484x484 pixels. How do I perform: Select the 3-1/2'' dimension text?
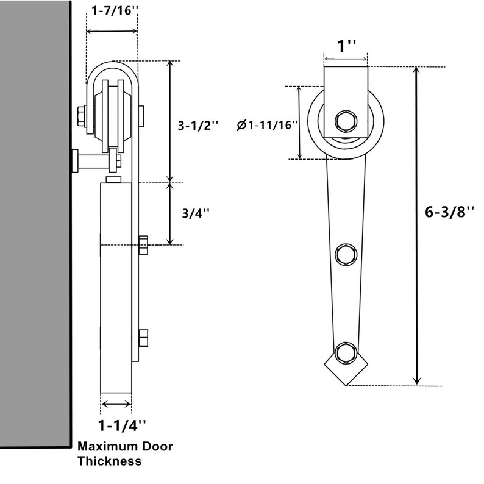point(198,126)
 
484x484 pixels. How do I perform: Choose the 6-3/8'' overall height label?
point(450,212)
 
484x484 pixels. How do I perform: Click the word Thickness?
point(109,461)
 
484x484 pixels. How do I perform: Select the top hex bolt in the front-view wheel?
point(346,119)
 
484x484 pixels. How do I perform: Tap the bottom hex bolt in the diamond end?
point(346,352)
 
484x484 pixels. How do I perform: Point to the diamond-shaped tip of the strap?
point(346,373)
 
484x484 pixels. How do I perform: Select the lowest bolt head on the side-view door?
point(144,338)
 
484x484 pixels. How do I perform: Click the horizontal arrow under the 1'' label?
point(346,59)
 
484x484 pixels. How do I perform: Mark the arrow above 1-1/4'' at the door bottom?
point(116,403)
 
